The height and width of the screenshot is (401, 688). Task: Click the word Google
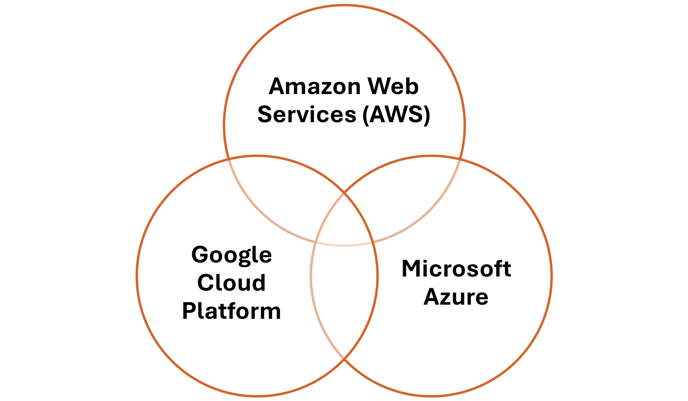point(231,255)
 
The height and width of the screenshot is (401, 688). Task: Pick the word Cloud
point(231,283)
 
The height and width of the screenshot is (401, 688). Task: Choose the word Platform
point(231,311)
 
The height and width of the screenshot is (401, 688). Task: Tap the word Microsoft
point(456,269)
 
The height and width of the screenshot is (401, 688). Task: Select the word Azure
point(456,297)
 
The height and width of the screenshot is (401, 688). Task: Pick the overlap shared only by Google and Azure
point(344,295)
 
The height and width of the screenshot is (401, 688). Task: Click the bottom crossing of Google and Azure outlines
point(344,359)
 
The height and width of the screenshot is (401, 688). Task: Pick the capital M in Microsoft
point(411,269)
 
